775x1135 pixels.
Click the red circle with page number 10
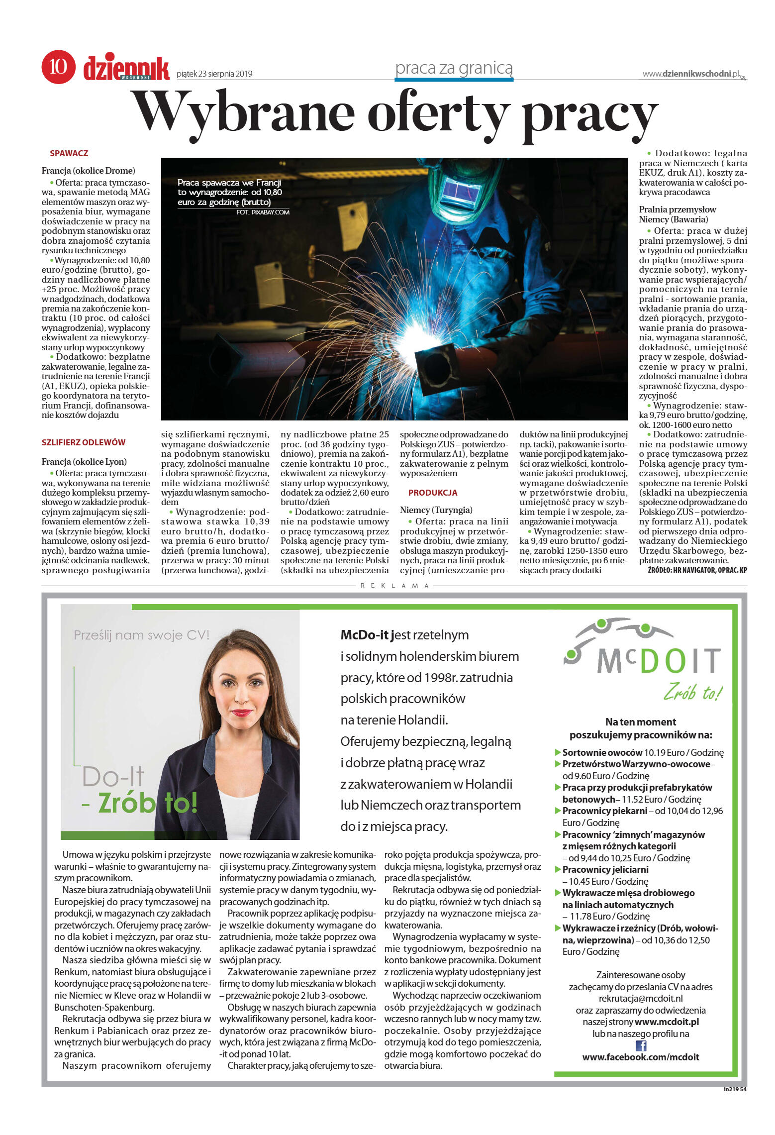(x=58, y=66)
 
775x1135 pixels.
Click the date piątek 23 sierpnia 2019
(x=214, y=74)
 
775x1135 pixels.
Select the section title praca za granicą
(x=453, y=68)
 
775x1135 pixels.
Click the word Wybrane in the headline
(x=244, y=114)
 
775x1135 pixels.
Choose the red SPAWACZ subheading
(x=69, y=153)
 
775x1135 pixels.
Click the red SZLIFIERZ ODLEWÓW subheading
(x=83, y=442)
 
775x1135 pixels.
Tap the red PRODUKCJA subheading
(x=432, y=493)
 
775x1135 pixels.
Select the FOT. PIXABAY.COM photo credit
(x=263, y=212)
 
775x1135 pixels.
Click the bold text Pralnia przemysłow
(x=677, y=209)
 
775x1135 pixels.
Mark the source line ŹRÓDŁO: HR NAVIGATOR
(x=697, y=570)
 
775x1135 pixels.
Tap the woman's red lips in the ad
(x=242, y=713)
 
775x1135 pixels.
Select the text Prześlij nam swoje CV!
(x=141, y=635)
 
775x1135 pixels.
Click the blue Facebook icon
(x=641, y=1046)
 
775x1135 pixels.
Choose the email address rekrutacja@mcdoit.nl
(x=640, y=998)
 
